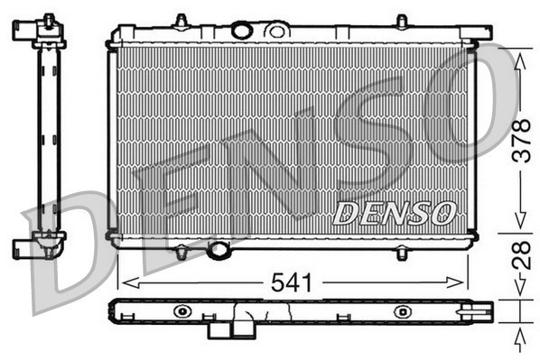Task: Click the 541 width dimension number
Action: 294,282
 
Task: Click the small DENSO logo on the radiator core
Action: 394,214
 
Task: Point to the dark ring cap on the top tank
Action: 241,31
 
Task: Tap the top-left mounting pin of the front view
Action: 182,21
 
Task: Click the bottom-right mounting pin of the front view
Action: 401,254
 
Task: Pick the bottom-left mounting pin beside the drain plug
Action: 182,254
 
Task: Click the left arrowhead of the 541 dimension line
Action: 124,282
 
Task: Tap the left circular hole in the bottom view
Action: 184,311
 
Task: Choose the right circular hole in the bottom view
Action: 400,311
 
